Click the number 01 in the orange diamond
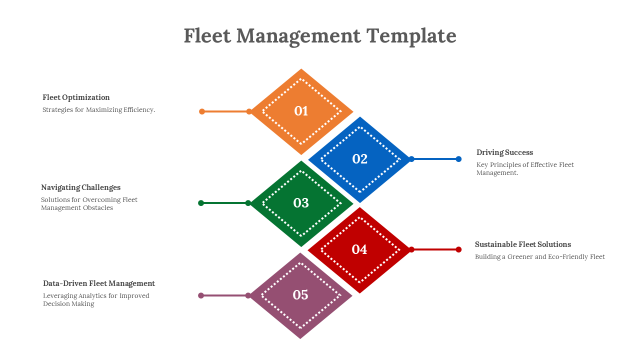[301, 111]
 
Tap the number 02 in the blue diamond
[360, 159]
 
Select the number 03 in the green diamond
[301, 203]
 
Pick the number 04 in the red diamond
[359, 249]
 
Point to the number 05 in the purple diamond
[300, 295]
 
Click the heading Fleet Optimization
[76, 97]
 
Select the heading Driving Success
[504, 152]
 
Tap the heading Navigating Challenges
[80, 187]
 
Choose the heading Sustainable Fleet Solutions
[522, 244]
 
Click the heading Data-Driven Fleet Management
[99, 283]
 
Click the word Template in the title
[411, 36]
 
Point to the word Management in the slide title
[298, 36]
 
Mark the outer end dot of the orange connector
[202, 111]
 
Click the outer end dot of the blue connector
[458, 159]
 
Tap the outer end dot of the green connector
[201, 203]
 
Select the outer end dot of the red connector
[458, 249]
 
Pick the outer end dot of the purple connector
[201, 295]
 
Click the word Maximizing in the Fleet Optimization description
[104, 110]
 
